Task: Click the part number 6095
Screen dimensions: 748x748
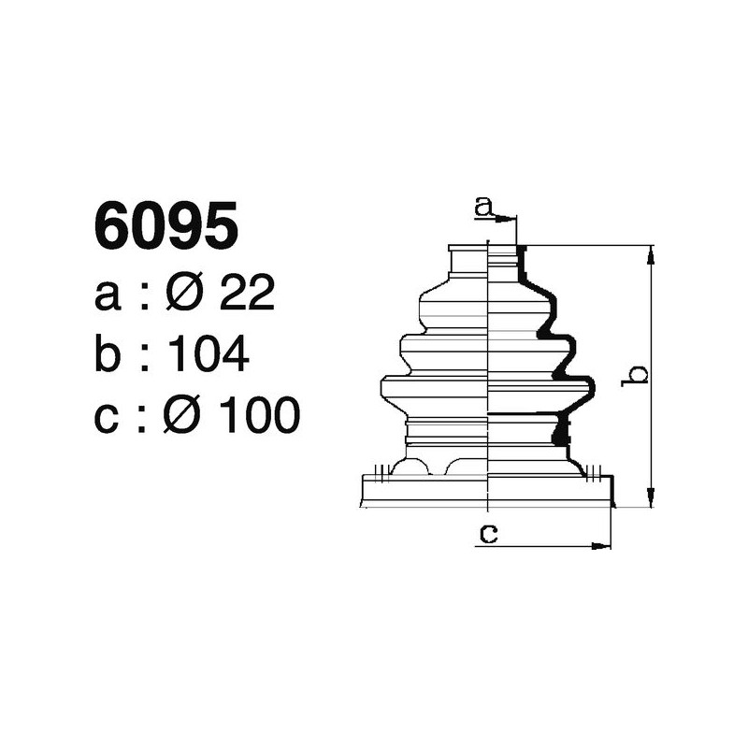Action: coord(165,227)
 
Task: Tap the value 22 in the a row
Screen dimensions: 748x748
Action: coord(246,295)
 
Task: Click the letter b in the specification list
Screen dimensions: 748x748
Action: coord(108,354)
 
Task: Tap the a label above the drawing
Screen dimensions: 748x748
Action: coord(483,206)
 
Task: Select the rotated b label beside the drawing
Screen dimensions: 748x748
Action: coord(636,375)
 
